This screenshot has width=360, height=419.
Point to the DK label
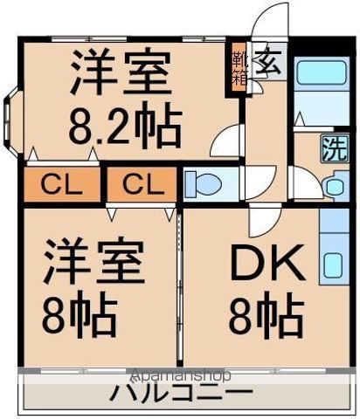266,263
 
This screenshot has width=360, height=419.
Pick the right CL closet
140,185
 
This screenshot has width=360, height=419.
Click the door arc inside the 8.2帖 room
226,141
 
